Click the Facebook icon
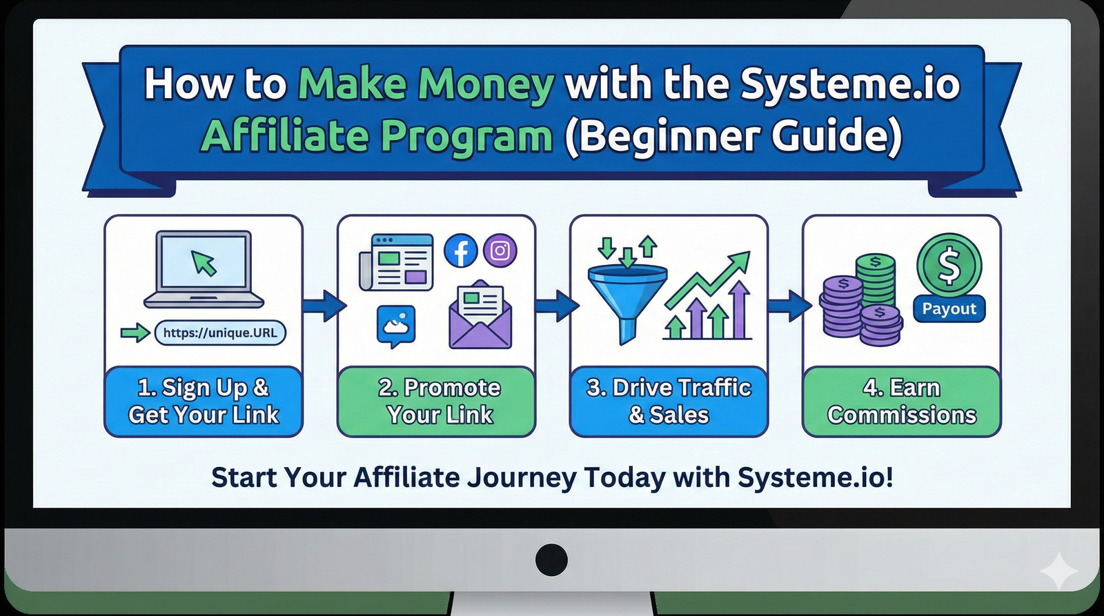point(461,250)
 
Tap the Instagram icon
point(500,250)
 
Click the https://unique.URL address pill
point(220,333)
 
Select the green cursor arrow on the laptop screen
point(204,263)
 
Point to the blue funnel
point(627,293)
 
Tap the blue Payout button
point(949,309)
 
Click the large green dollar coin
point(949,265)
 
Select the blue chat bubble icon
point(396,325)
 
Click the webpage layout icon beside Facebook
point(397,263)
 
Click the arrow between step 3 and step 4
point(789,306)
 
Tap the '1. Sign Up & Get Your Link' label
point(204,401)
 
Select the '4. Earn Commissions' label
point(901,401)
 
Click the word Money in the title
point(486,84)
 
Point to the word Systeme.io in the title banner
point(849,84)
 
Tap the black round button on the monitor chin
point(551,559)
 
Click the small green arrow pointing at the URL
point(135,334)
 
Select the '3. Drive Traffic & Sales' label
point(669,401)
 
